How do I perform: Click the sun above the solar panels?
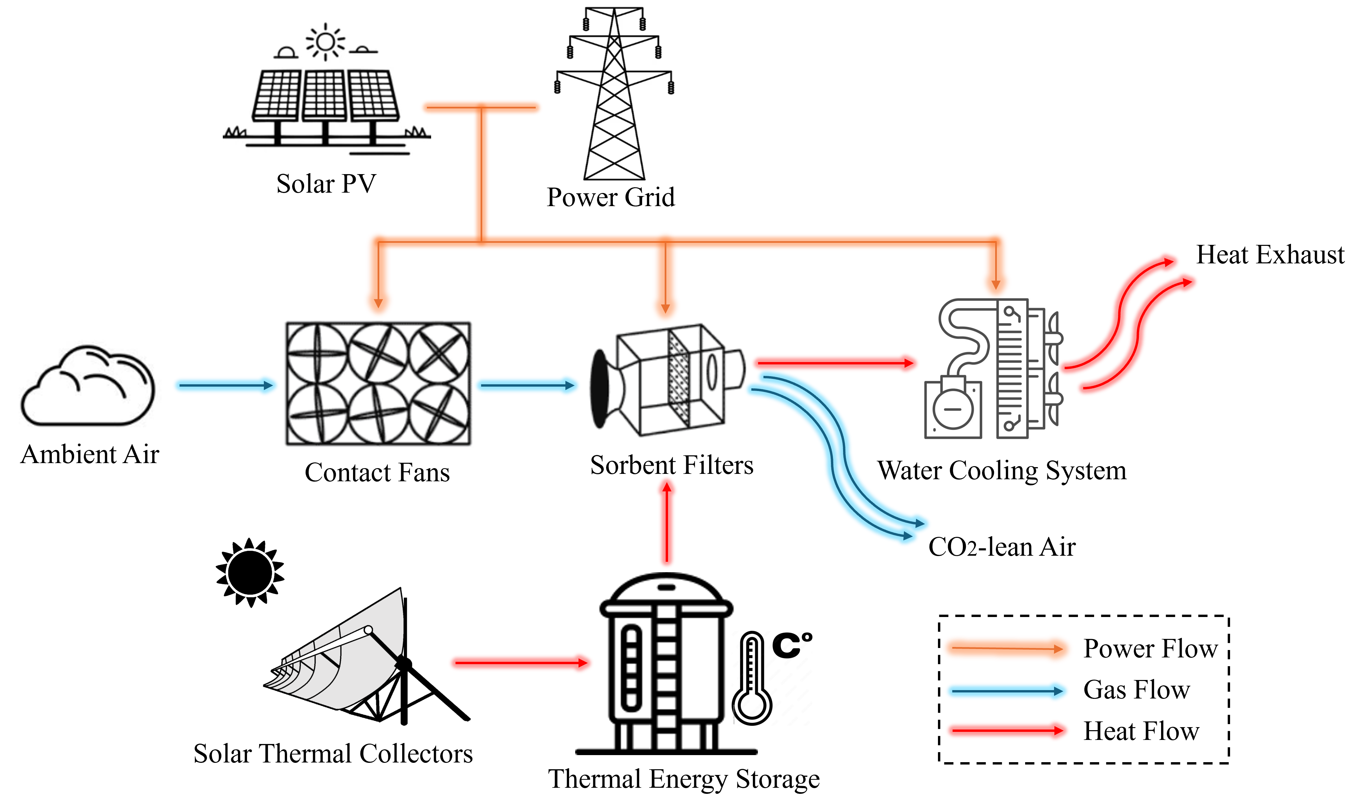325,41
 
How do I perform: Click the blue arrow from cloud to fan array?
225,385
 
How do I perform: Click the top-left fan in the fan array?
317,353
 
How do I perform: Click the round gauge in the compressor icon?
953,409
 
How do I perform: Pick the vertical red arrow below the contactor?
667,522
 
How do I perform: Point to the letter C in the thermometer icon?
787,646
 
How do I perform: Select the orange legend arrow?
1007,649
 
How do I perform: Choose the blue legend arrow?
1007,691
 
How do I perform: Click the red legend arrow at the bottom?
1007,730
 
